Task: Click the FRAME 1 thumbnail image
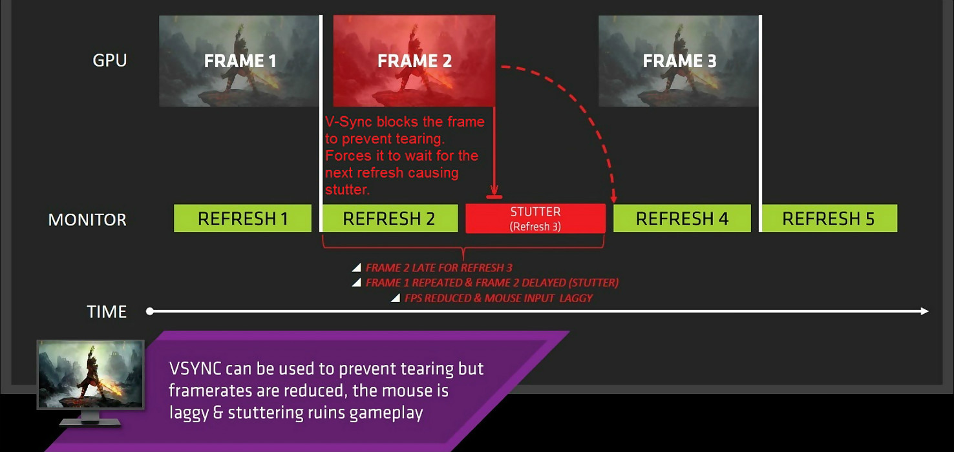click(239, 61)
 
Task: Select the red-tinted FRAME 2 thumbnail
click(414, 61)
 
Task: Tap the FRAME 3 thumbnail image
click(679, 61)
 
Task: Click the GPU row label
click(109, 61)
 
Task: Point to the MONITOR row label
click(87, 220)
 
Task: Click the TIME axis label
click(107, 311)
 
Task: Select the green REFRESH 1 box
click(243, 218)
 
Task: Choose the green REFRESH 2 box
click(390, 218)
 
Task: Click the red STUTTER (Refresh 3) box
click(535, 218)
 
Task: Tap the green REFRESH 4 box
click(683, 218)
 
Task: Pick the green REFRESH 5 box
click(829, 218)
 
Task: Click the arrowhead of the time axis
click(924, 311)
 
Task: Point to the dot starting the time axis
click(149, 311)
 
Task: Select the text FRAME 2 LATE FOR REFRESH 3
click(439, 268)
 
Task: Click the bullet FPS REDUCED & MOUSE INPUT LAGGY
click(498, 298)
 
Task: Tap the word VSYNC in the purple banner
click(195, 369)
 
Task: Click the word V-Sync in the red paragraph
click(349, 122)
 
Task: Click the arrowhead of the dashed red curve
click(614, 198)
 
